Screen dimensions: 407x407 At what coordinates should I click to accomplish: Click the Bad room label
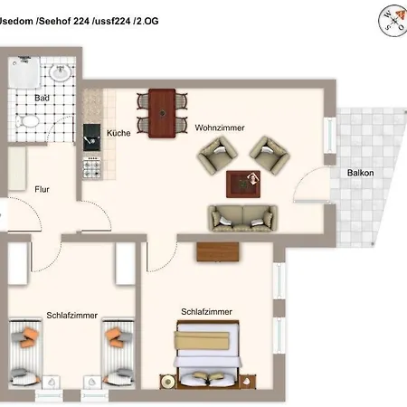click(x=42, y=98)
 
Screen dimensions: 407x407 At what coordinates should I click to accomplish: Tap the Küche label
click(x=118, y=133)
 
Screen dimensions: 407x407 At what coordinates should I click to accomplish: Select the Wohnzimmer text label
click(x=220, y=128)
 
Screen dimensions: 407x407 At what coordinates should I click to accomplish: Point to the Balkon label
click(x=361, y=173)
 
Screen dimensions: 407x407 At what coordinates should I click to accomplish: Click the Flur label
click(x=43, y=190)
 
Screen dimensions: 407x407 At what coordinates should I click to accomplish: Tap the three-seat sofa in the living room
click(x=243, y=217)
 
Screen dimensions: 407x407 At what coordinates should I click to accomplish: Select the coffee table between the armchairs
click(x=242, y=183)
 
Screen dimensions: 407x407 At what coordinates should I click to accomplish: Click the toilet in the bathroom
click(x=25, y=118)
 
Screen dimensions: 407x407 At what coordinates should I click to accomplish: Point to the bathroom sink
click(x=61, y=73)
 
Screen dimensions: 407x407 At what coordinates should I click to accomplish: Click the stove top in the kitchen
click(x=92, y=166)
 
